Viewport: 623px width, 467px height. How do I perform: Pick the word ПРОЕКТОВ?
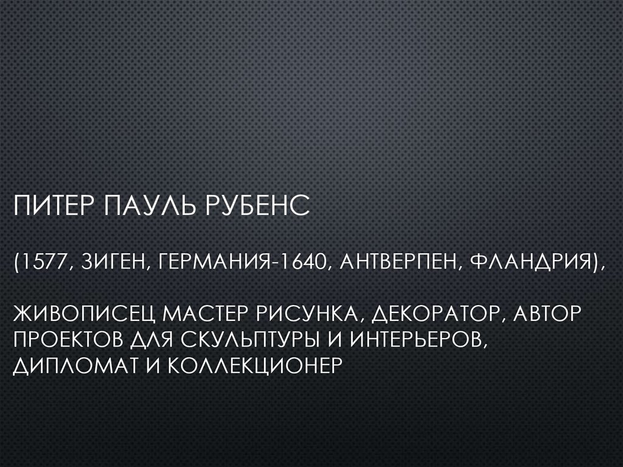click(72, 341)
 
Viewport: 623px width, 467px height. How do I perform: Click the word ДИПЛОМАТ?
click(71, 367)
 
